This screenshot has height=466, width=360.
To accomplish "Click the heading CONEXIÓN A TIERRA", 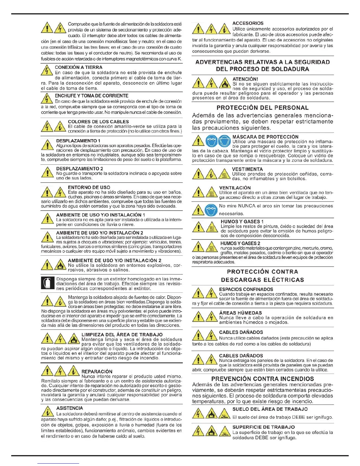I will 79,67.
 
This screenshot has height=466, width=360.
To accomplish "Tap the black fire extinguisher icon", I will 47,283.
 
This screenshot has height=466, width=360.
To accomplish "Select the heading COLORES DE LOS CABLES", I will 98,122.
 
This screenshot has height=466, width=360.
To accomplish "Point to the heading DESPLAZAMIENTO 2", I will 79,169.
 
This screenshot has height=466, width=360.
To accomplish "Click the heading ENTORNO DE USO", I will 89,187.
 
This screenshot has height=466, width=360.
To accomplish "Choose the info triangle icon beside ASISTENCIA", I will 47,411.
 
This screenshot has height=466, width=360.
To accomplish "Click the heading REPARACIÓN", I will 97,372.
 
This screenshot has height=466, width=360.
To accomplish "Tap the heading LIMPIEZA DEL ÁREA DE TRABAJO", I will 122,334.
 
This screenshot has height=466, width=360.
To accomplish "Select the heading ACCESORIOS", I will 248,23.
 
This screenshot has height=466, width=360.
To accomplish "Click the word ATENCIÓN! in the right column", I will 245,79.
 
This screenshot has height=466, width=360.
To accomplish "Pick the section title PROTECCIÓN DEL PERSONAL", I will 263,108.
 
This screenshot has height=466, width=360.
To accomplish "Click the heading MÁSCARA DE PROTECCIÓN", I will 265,137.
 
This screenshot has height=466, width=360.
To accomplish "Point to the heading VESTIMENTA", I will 247,169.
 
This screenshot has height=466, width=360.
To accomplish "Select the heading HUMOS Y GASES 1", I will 242,222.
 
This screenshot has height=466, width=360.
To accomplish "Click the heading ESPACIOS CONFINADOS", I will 246,289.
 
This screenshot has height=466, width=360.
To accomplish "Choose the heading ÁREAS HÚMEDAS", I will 240,313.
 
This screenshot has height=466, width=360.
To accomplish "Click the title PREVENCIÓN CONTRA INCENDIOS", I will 262,379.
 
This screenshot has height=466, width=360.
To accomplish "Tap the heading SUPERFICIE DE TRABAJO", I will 263,427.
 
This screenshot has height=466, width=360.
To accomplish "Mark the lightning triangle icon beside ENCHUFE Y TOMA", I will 47,98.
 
